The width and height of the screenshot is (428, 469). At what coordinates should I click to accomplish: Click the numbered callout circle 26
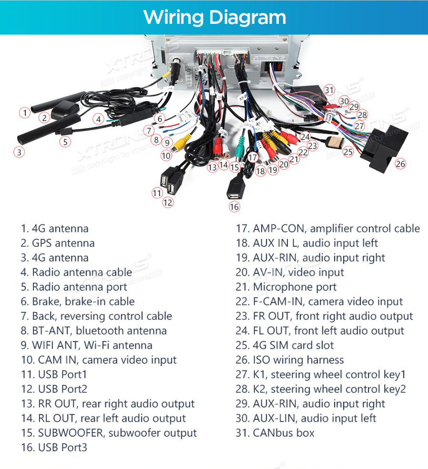400,164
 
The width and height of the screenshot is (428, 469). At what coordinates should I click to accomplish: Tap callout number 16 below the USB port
234,207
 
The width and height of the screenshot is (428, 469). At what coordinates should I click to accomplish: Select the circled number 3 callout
19,152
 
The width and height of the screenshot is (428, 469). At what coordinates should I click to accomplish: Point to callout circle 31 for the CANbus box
329,90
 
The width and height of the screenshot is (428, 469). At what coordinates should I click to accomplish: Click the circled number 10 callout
166,155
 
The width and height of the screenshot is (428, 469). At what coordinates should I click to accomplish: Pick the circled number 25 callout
348,152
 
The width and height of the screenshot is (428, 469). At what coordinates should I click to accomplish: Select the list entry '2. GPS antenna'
58,243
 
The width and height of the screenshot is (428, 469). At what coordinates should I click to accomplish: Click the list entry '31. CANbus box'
275,433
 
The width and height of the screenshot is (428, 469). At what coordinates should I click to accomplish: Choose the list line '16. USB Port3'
54,448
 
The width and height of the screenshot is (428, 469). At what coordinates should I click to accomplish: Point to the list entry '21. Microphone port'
286,287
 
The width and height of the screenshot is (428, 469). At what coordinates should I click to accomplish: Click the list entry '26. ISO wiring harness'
289,360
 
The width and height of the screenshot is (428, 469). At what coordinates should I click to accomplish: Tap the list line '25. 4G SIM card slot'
285,345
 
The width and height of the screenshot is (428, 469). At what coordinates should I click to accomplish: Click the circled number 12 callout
168,202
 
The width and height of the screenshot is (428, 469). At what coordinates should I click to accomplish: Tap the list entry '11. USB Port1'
54,375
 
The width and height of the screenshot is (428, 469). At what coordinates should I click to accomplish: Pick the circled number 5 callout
65,141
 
